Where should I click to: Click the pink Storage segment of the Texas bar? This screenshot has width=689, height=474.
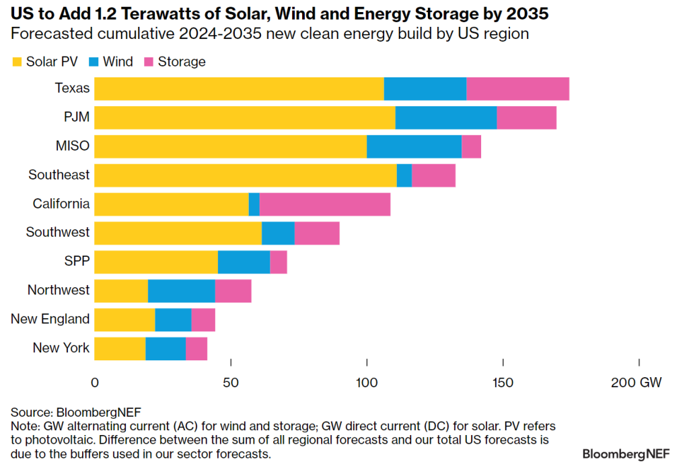pyautogui.click(x=517, y=89)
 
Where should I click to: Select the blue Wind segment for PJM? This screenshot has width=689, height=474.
pyautogui.click(x=445, y=118)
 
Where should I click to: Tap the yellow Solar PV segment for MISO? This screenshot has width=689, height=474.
pyautogui.click(x=230, y=146)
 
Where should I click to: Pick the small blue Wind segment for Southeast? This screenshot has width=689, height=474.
pyautogui.click(x=404, y=175)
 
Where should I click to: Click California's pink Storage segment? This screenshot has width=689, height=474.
pyautogui.click(x=324, y=204)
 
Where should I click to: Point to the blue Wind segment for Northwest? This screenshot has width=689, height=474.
pyautogui.click(x=181, y=290)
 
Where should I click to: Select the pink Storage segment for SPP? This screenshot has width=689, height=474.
pyautogui.click(x=278, y=262)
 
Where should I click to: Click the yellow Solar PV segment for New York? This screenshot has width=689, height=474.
pyautogui.click(x=120, y=348)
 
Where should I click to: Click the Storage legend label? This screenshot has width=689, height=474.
pyautogui.click(x=181, y=62)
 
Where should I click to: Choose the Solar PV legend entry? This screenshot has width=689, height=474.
pyautogui.click(x=44, y=62)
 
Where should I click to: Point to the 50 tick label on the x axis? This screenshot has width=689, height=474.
pyautogui.click(x=231, y=383)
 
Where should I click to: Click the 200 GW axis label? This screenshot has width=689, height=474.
pyautogui.click(x=636, y=383)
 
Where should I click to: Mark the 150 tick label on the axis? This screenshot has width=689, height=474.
pyautogui.click(x=503, y=383)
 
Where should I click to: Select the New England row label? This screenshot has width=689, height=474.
pyautogui.click(x=50, y=319)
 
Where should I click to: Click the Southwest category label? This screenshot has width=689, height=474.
pyautogui.click(x=57, y=233)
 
